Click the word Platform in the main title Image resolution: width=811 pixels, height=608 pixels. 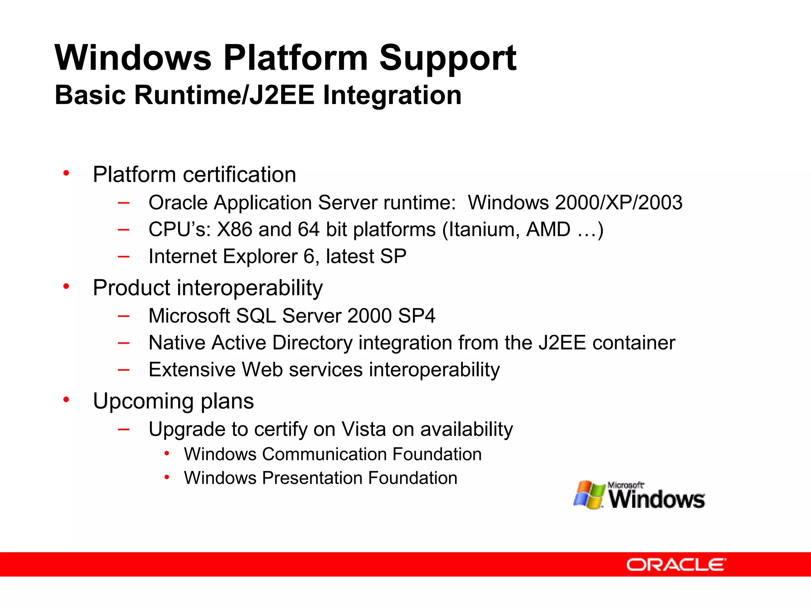(x=295, y=58)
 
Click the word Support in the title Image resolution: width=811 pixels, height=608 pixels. (x=447, y=58)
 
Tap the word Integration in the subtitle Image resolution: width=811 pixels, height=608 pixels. (x=392, y=95)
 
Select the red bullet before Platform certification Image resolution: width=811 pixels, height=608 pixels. (x=66, y=173)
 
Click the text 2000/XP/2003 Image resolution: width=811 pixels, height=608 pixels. (x=619, y=203)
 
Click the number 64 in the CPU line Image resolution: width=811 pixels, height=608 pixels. (x=308, y=230)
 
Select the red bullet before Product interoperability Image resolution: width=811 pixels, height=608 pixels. (x=66, y=286)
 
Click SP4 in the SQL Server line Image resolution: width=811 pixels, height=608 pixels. (x=417, y=316)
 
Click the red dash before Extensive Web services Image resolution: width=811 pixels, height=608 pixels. (x=124, y=370)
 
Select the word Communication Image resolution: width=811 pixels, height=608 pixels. (x=324, y=454)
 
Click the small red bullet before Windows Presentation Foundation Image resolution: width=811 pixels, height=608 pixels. (x=167, y=477)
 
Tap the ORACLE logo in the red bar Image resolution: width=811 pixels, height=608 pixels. (x=676, y=564)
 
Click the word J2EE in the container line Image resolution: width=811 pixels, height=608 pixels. (x=562, y=343)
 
